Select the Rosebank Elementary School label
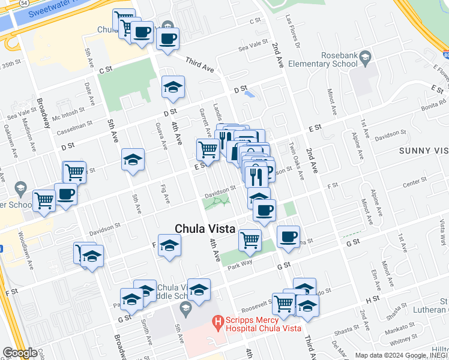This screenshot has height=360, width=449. (323, 58)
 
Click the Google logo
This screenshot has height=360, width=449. (20, 353)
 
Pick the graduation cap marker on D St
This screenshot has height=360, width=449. (172, 87)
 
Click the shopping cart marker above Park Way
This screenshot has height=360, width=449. (250, 240)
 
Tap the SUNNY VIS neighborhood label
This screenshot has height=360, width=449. (423, 151)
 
